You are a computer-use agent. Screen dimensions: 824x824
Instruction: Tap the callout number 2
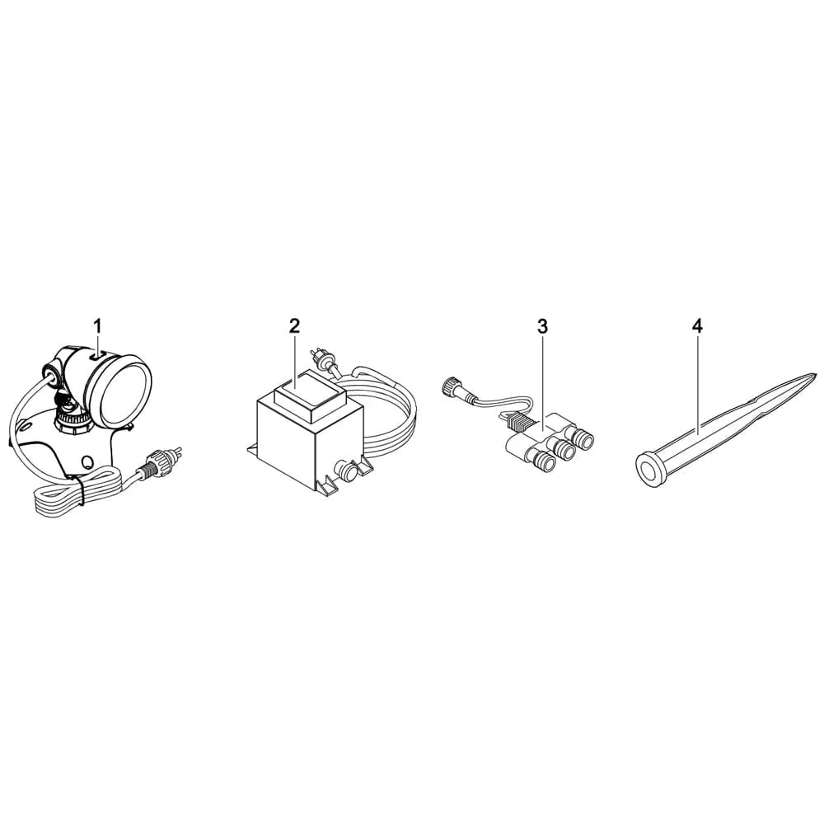tap(294, 325)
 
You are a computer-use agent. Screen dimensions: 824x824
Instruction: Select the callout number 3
tap(542, 326)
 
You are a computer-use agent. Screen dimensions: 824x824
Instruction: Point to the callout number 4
tap(697, 326)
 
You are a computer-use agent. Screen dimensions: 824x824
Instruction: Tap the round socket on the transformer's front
tap(347, 471)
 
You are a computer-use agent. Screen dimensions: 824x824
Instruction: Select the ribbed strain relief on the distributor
tap(518, 421)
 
